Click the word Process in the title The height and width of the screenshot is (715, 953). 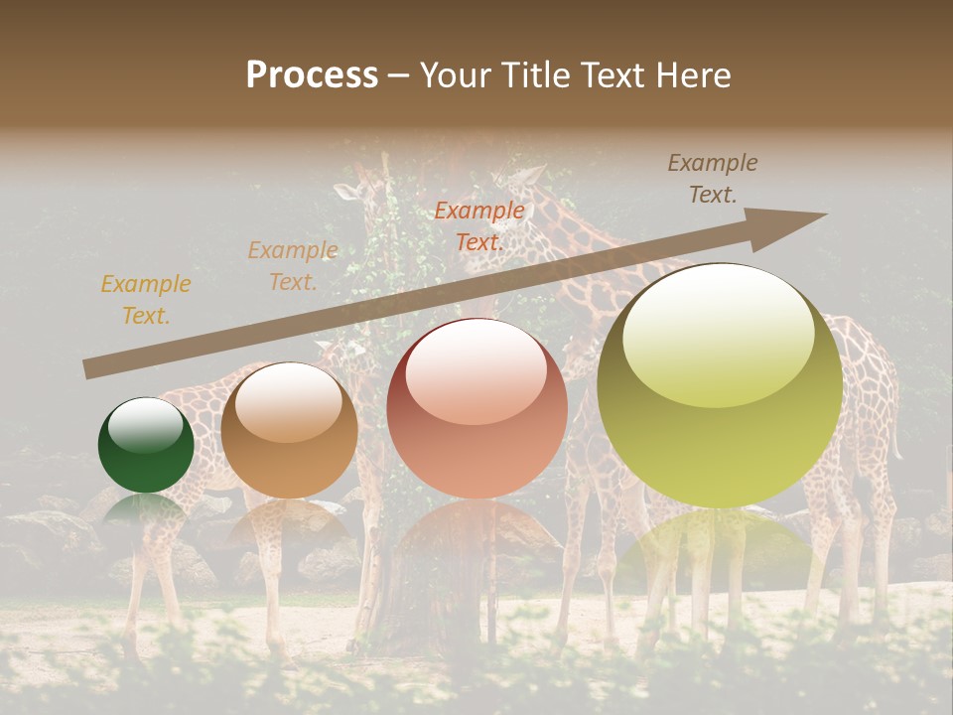[x=312, y=75]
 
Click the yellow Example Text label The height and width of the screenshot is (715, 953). [x=146, y=300]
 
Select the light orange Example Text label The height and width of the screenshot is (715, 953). [x=293, y=266]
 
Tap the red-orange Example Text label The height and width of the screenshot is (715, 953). [x=479, y=226]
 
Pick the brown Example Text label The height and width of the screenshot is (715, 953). [x=713, y=179]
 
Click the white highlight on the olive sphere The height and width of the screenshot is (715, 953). [x=718, y=333]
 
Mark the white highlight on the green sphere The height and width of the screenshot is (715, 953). [x=145, y=424]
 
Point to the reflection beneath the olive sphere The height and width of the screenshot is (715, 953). [x=720, y=546]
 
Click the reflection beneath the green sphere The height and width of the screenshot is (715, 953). [x=146, y=512]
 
